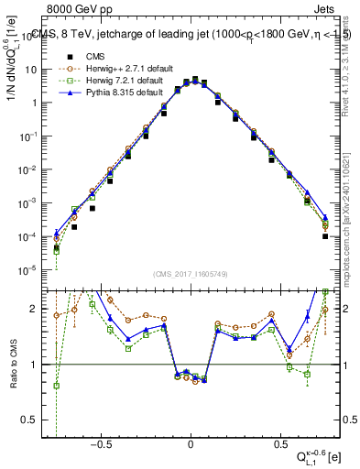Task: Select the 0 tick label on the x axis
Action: pyautogui.click(x=190, y=443)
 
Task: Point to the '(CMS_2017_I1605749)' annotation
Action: pyautogui.click(x=190, y=275)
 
